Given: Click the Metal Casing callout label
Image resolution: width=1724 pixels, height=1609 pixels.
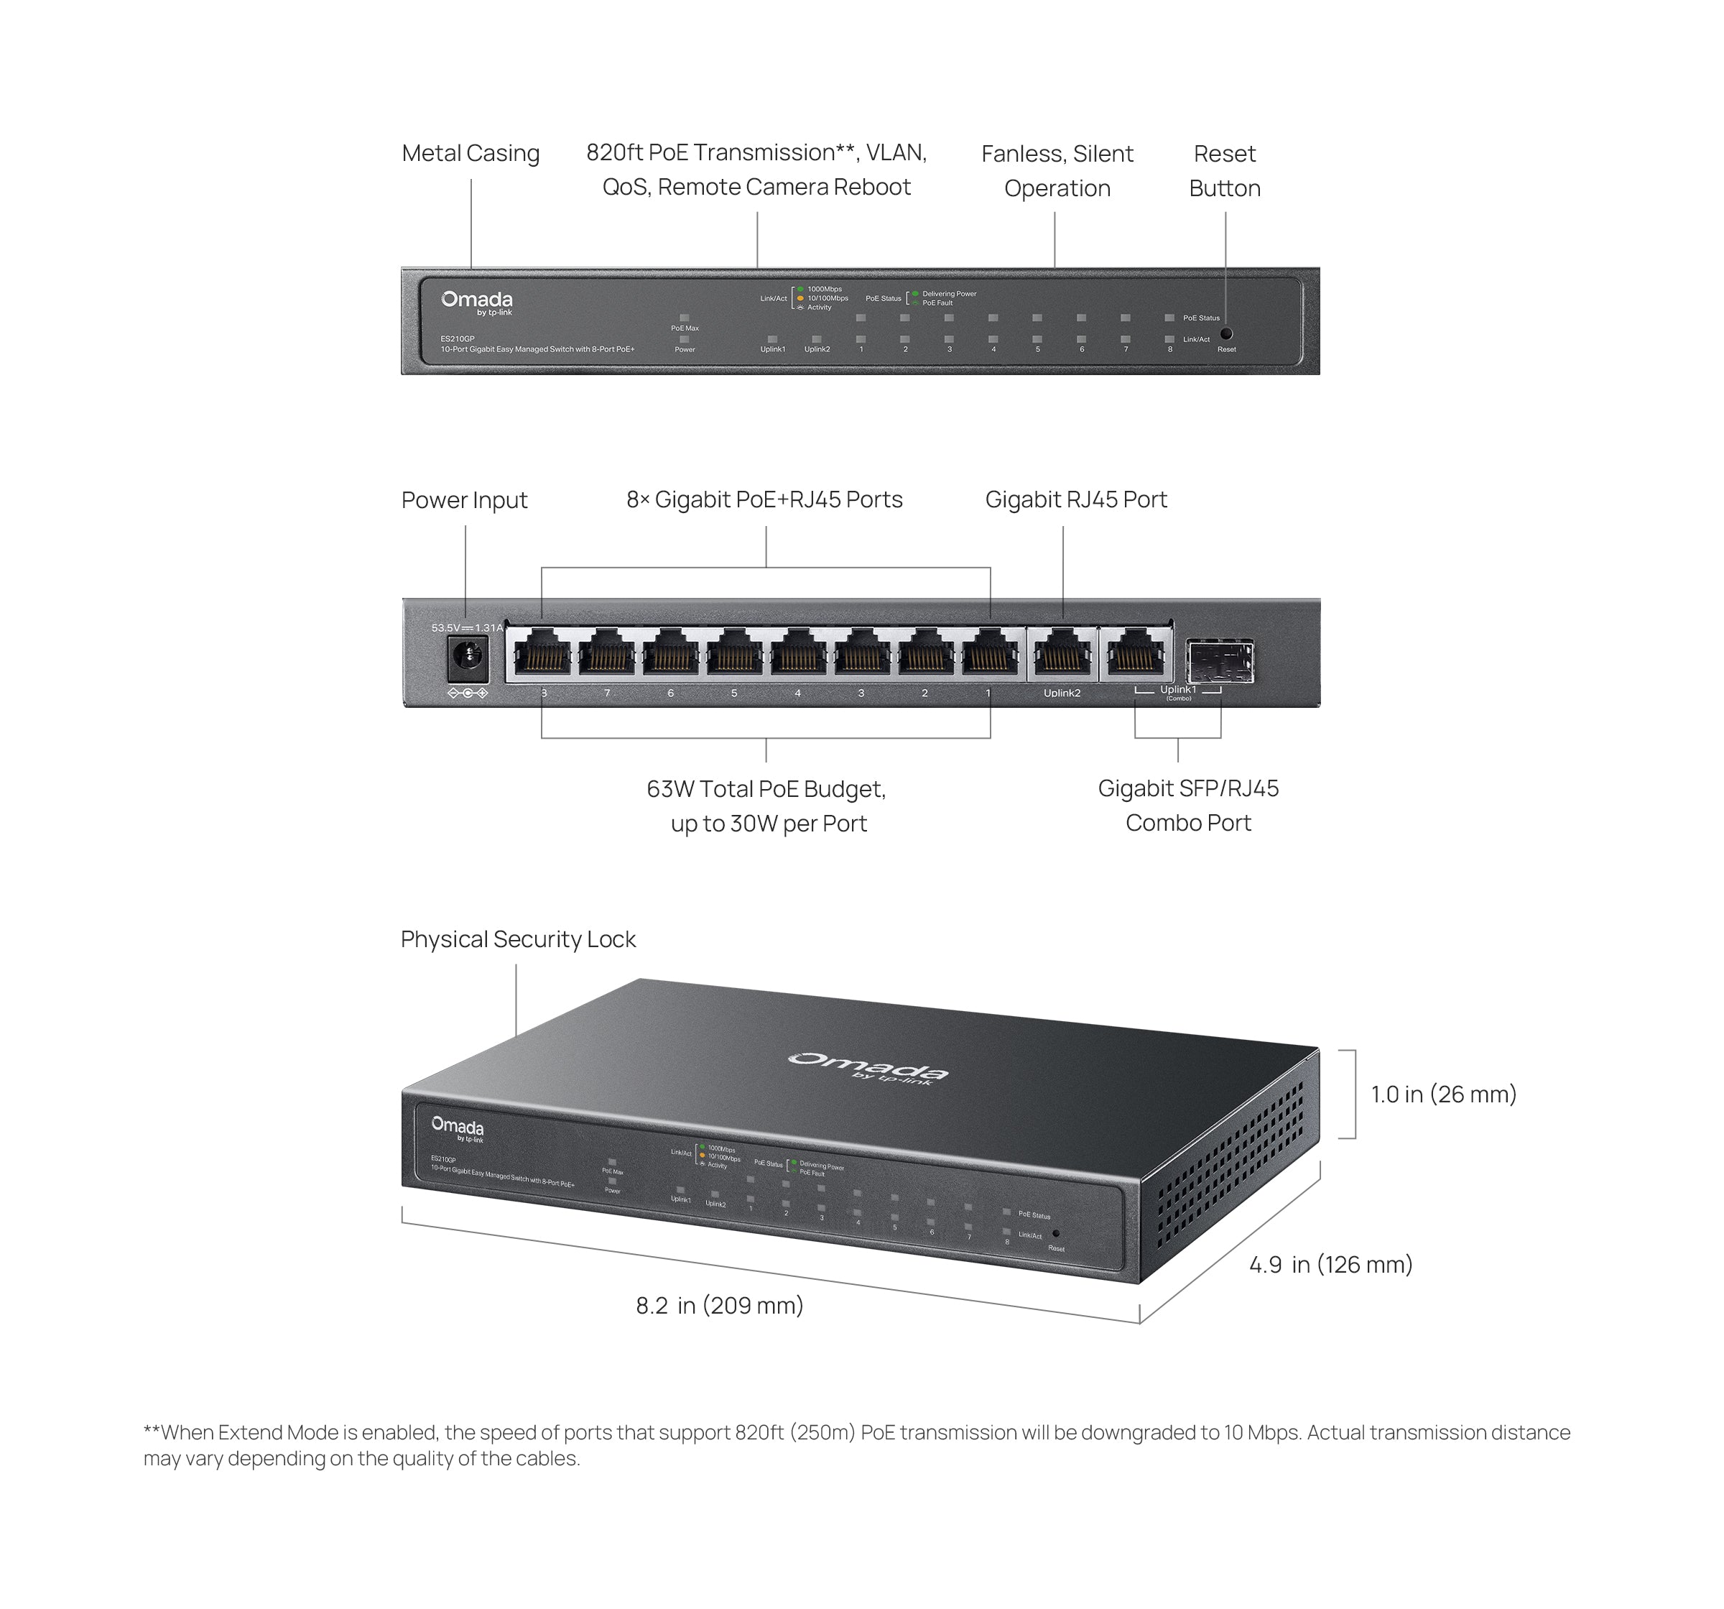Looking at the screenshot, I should (x=470, y=154).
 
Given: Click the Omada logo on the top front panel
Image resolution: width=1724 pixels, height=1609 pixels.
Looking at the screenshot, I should (x=476, y=302).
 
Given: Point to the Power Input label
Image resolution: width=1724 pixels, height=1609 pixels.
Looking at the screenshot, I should (x=464, y=500).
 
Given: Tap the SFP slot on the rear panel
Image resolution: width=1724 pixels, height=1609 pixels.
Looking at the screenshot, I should (x=1219, y=661).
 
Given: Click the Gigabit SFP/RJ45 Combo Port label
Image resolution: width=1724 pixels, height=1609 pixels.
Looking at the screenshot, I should (x=1187, y=805).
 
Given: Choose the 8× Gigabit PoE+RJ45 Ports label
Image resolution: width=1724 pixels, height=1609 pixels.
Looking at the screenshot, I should (x=764, y=499).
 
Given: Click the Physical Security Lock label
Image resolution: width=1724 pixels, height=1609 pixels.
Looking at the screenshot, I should (x=518, y=939).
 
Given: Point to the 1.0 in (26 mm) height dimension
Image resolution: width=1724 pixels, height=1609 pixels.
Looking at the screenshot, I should (x=1443, y=1094).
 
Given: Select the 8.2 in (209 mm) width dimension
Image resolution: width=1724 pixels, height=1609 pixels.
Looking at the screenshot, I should (x=719, y=1306).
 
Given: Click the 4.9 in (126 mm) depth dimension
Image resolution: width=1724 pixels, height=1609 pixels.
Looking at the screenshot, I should (x=1330, y=1265).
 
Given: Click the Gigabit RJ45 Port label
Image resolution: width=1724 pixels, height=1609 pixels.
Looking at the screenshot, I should (x=1075, y=499).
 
